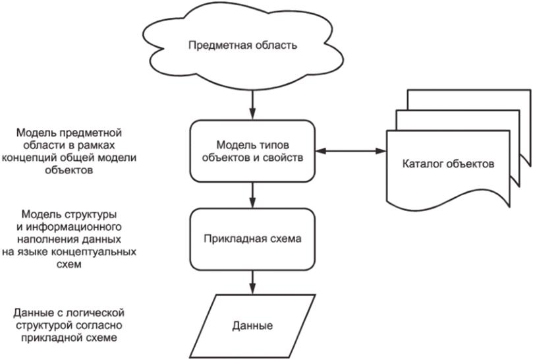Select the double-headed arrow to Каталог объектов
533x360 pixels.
coord(349,152)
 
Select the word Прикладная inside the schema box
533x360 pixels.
coord(231,239)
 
